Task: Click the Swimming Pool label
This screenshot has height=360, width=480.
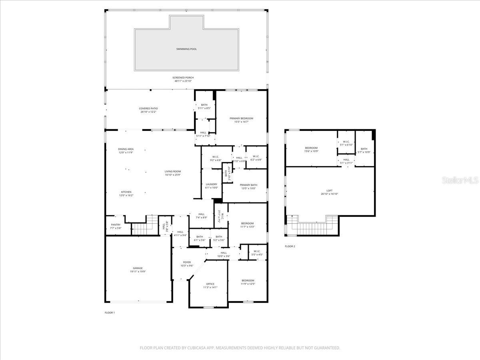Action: (186, 49)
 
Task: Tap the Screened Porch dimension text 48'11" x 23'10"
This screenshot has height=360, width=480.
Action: (183, 81)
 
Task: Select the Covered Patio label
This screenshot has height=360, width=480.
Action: (148, 108)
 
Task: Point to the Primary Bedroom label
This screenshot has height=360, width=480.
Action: (241, 118)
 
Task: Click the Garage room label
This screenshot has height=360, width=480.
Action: (138, 268)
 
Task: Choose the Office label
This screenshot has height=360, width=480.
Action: (210, 284)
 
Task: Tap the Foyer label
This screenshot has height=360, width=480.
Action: (187, 262)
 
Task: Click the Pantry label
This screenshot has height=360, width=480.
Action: (115, 225)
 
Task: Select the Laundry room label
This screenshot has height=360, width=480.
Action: (211, 184)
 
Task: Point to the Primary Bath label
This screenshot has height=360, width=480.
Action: (248, 185)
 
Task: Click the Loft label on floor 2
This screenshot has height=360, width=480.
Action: (329, 191)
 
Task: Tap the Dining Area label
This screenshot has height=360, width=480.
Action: (126, 149)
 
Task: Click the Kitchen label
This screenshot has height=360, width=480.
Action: (126, 192)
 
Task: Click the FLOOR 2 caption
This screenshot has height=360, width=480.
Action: (290, 246)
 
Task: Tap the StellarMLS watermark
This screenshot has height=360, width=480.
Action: (460, 181)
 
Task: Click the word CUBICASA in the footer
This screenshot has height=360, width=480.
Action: (196, 348)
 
